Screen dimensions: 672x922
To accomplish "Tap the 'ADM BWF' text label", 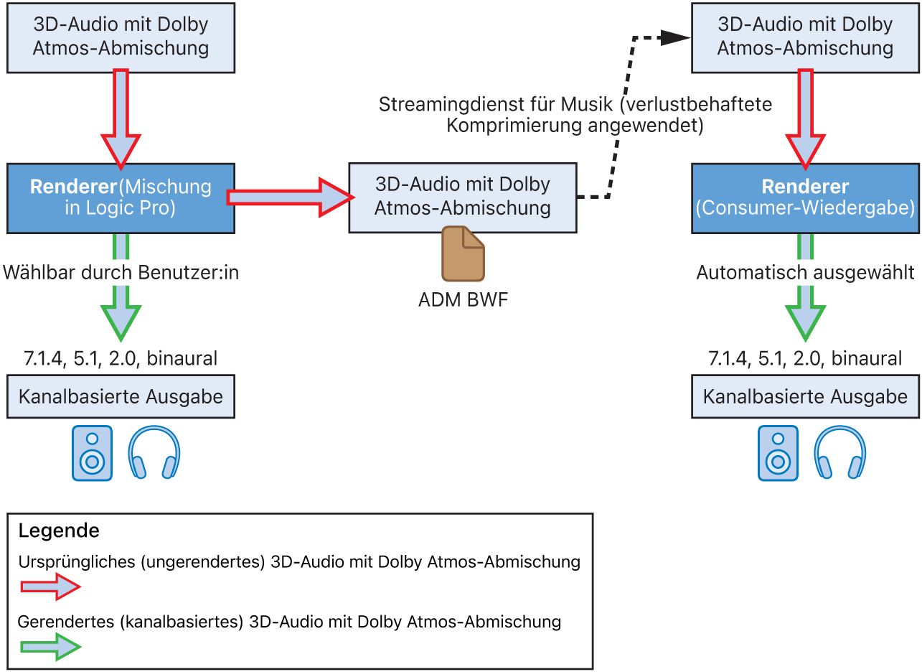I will point(463,299).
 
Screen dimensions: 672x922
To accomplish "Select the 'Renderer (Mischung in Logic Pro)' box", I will point(121,198).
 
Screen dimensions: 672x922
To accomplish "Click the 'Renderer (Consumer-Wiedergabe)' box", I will point(805,198).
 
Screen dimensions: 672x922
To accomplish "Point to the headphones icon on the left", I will point(154,453).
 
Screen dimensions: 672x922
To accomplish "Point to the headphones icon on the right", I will point(839,453).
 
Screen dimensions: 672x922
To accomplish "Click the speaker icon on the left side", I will point(92,453).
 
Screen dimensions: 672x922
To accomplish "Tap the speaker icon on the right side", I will point(778,453).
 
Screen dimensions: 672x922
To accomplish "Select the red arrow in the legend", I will point(50,587).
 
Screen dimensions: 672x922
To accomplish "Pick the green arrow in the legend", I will point(50,647).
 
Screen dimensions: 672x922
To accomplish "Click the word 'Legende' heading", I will point(59,531).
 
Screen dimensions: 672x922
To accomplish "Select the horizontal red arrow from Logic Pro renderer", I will point(287,197).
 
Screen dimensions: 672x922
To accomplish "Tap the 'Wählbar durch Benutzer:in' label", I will point(121,273).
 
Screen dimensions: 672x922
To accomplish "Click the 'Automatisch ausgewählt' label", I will point(805,273).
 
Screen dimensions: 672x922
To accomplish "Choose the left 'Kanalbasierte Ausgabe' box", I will point(121,397).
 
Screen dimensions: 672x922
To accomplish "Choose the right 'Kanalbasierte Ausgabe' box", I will point(805,397).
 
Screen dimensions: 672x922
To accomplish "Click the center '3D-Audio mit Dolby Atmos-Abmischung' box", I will point(463,197).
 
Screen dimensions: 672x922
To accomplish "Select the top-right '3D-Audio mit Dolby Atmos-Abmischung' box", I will point(805,37).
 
